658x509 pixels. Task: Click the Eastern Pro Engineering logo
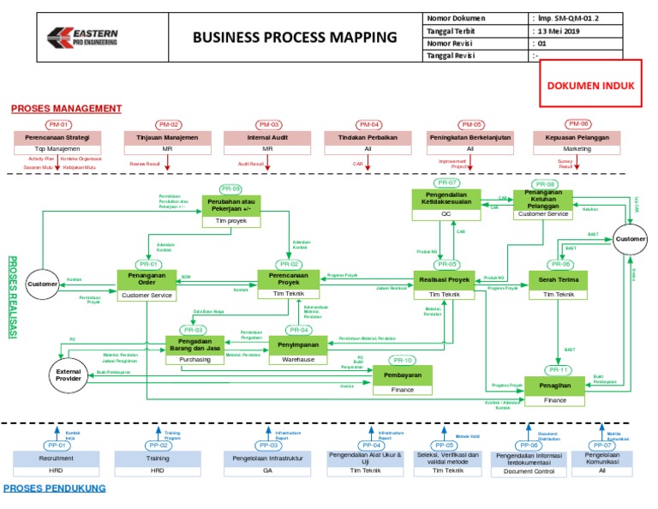[x=83, y=38]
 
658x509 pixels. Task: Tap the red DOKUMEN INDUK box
[x=591, y=86]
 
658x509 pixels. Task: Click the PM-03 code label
[x=269, y=124]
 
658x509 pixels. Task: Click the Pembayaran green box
[x=403, y=375]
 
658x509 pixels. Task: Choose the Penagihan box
[x=555, y=386]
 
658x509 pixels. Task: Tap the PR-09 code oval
[x=230, y=189]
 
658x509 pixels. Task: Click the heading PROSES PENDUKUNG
[x=55, y=488]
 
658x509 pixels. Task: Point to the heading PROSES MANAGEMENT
[x=66, y=108]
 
